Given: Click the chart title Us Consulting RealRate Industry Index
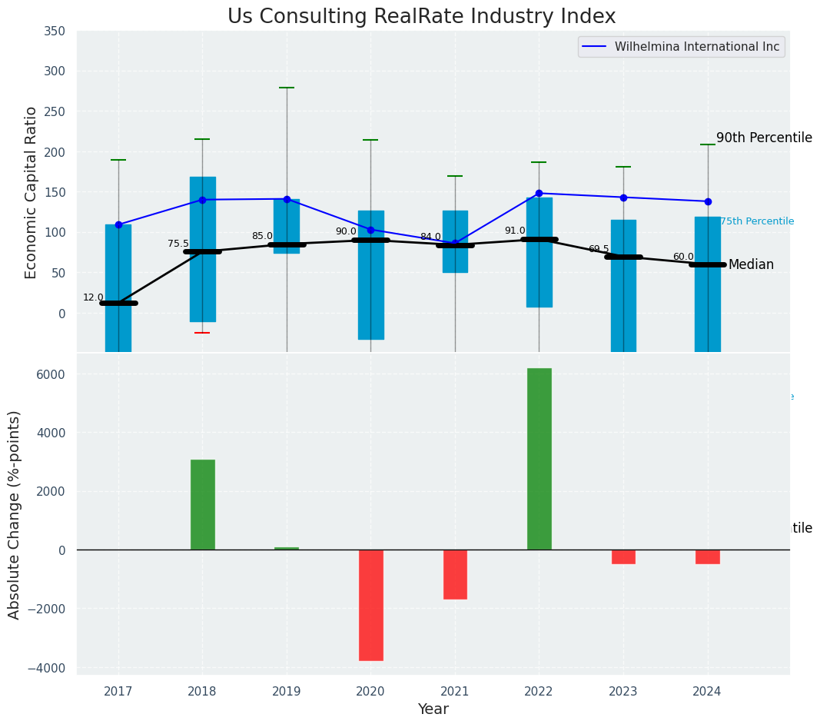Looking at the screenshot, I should (421, 17).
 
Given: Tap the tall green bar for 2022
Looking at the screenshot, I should (539, 459).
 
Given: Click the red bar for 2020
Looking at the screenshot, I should (370, 605).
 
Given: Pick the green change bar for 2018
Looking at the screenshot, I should (202, 504).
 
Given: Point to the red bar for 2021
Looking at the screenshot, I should (455, 574).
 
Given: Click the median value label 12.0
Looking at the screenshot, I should (93, 298).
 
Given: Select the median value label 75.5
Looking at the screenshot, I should (178, 244).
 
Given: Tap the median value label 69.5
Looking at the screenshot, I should (598, 250).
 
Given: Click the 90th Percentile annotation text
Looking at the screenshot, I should (764, 138).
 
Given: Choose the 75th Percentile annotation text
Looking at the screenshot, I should (757, 221).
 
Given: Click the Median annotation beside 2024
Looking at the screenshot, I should (751, 265).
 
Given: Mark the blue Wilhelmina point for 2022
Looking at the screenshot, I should (539, 193).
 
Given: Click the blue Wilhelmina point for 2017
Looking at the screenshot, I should (118, 224).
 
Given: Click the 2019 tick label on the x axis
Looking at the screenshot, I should (287, 691).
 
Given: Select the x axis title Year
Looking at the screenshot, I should (433, 709).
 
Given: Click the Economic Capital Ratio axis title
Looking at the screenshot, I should (32, 192).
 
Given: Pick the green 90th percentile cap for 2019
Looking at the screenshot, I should (287, 88).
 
